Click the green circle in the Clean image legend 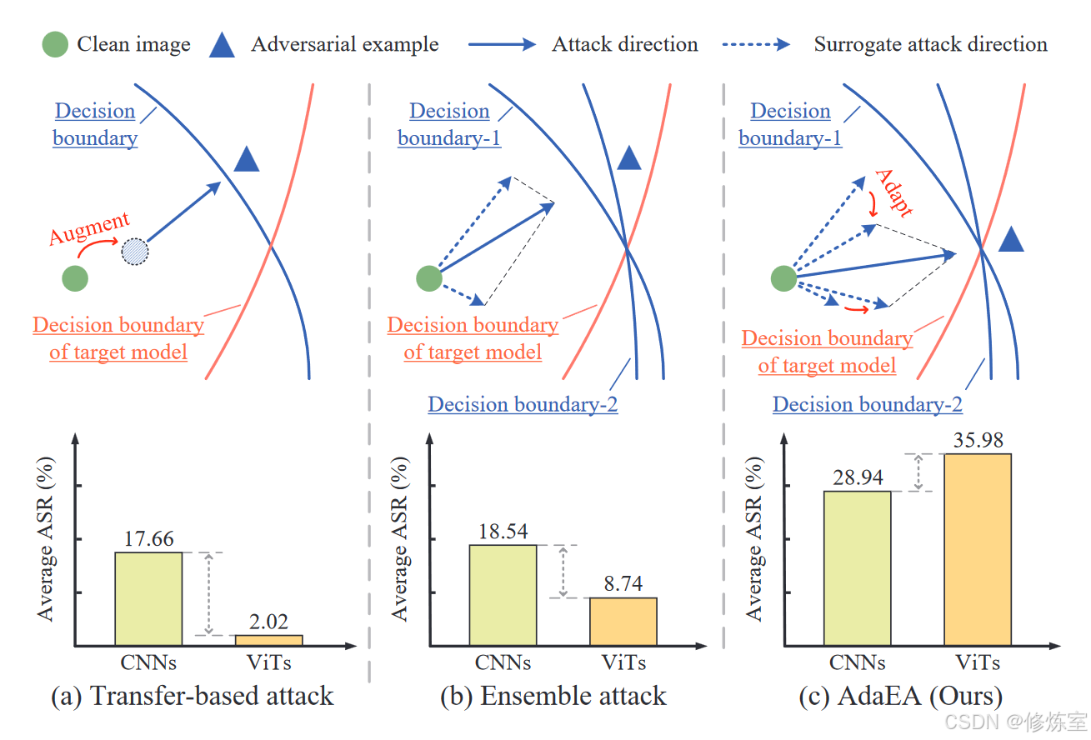coord(56,44)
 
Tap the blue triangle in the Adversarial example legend coord(221,44)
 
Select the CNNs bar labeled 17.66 coord(148,598)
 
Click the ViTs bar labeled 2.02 coord(268,640)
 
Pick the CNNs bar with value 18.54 coord(503,595)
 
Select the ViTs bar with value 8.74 coord(623,621)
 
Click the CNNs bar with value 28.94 coord(857,567)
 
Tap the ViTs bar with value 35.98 coord(977,549)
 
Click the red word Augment coord(89,228)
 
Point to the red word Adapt coord(893,192)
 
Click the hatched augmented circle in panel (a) coord(135,250)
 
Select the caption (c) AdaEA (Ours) coord(900,696)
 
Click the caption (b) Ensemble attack coord(553,696)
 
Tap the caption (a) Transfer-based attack coord(192,696)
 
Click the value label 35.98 coord(978,439)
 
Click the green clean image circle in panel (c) coord(783,277)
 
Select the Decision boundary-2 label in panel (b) coord(523,404)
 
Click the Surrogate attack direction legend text coord(930,44)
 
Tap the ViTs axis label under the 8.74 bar coord(623,663)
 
